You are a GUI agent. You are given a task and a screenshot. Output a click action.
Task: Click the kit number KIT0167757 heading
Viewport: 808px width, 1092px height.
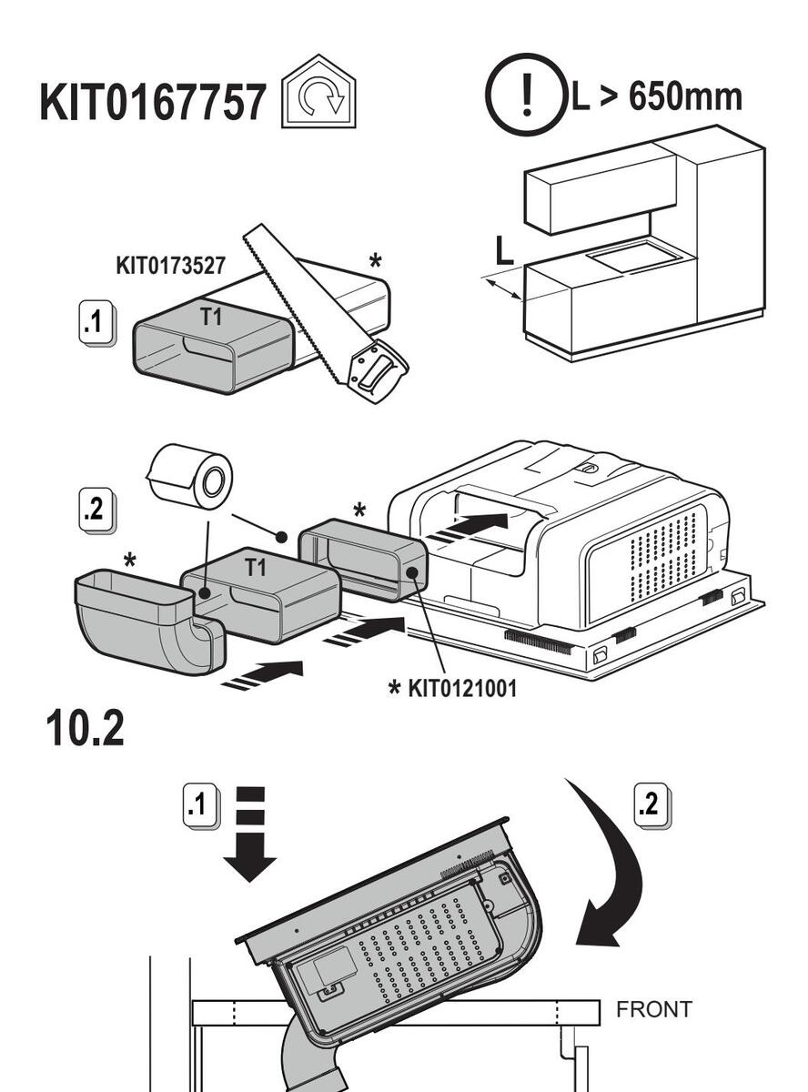pyautogui.click(x=153, y=102)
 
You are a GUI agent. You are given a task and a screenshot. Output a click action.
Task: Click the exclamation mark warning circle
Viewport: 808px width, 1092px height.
pyautogui.click(x=526, y=95)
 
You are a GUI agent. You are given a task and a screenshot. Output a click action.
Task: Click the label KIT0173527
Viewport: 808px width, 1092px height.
pyautogui.click(x=170, y=266)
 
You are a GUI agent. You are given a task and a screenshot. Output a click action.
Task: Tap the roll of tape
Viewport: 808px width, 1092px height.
pyautogui.click(x=192, y=478)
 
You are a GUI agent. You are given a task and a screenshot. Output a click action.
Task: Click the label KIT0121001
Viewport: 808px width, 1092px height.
pyautogui.click(x=462, y=688)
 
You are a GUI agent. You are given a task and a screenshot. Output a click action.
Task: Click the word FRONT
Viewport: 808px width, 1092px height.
pyautogui.click(x=653, y=1009)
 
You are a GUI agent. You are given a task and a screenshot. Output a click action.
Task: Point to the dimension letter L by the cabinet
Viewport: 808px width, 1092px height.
pyautogui.click(x=503, y=251)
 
